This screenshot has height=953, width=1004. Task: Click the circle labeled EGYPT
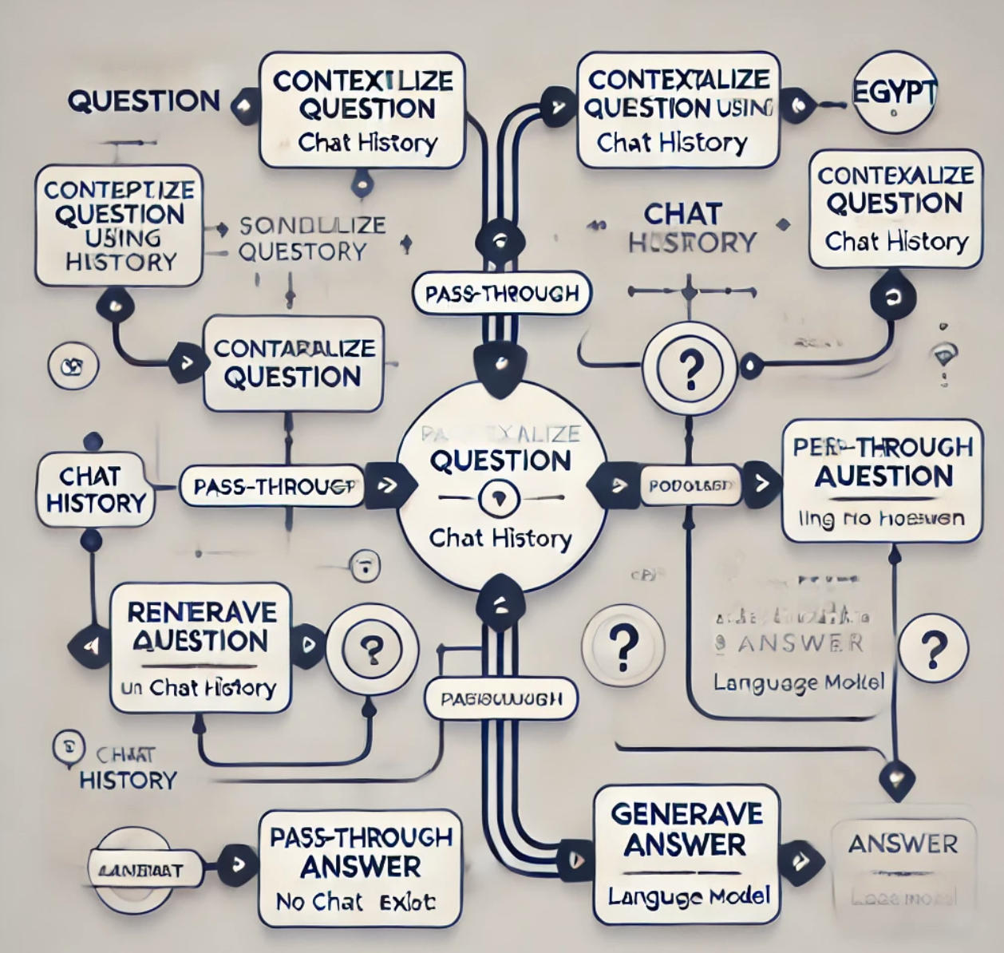point(894,93)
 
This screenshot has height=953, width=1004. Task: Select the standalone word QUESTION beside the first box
point(144,101)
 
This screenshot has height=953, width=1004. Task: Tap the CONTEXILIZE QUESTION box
point(362,110)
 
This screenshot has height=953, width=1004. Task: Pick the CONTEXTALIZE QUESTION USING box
point(678,110)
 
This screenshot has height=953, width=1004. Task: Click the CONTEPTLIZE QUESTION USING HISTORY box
point(118,225)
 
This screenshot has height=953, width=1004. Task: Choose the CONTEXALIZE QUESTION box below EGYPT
point(895,208)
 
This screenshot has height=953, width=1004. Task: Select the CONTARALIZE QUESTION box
point(293,363)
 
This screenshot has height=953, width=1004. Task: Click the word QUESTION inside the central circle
point(500,461)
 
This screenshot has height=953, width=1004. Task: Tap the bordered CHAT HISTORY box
point(95,489)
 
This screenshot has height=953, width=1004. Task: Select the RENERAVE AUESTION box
point(200,647)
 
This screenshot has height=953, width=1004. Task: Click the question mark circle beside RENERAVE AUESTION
point(370,649)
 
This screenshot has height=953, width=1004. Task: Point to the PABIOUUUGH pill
point(501,699)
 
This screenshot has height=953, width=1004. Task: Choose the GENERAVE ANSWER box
point(686,855)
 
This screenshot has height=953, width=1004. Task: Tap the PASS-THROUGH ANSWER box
point(361,868)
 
